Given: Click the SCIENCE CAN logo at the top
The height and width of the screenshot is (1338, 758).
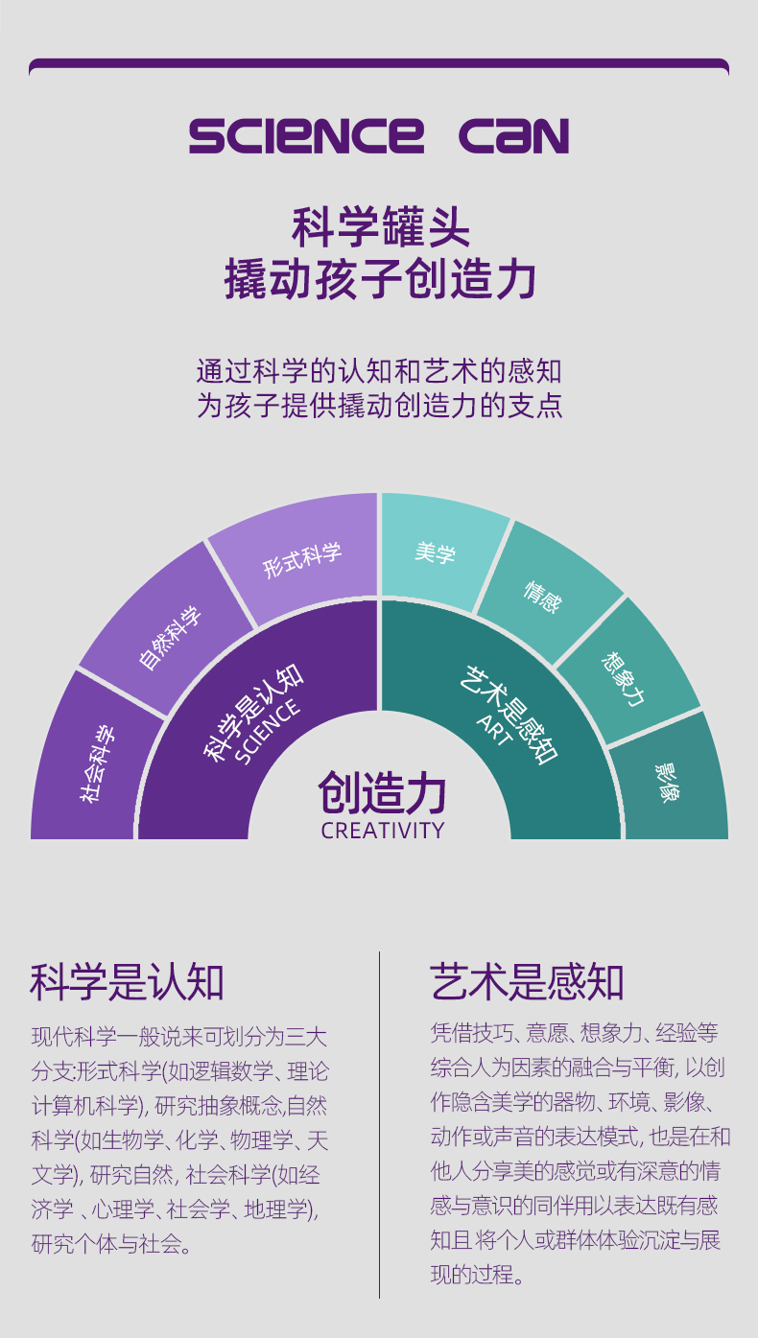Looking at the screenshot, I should (x=379, y=136).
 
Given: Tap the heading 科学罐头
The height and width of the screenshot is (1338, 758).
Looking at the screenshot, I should (x=380, y=228).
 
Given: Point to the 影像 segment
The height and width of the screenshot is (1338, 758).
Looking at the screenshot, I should (x=668, y=782).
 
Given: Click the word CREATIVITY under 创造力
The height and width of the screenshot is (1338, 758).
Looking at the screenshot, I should (x=382, y=831).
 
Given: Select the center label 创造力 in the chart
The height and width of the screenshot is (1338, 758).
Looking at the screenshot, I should (x=382, y=793).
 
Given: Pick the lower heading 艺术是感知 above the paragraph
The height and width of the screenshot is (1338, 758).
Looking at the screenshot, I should (x=527, y=982).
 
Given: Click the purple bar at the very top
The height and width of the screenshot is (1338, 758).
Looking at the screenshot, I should (x=379, y=65).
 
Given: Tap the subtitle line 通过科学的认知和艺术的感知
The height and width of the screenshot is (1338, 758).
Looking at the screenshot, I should (x=379, y=370).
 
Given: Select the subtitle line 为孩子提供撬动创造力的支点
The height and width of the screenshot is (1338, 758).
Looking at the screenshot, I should (x=379, y=405).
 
